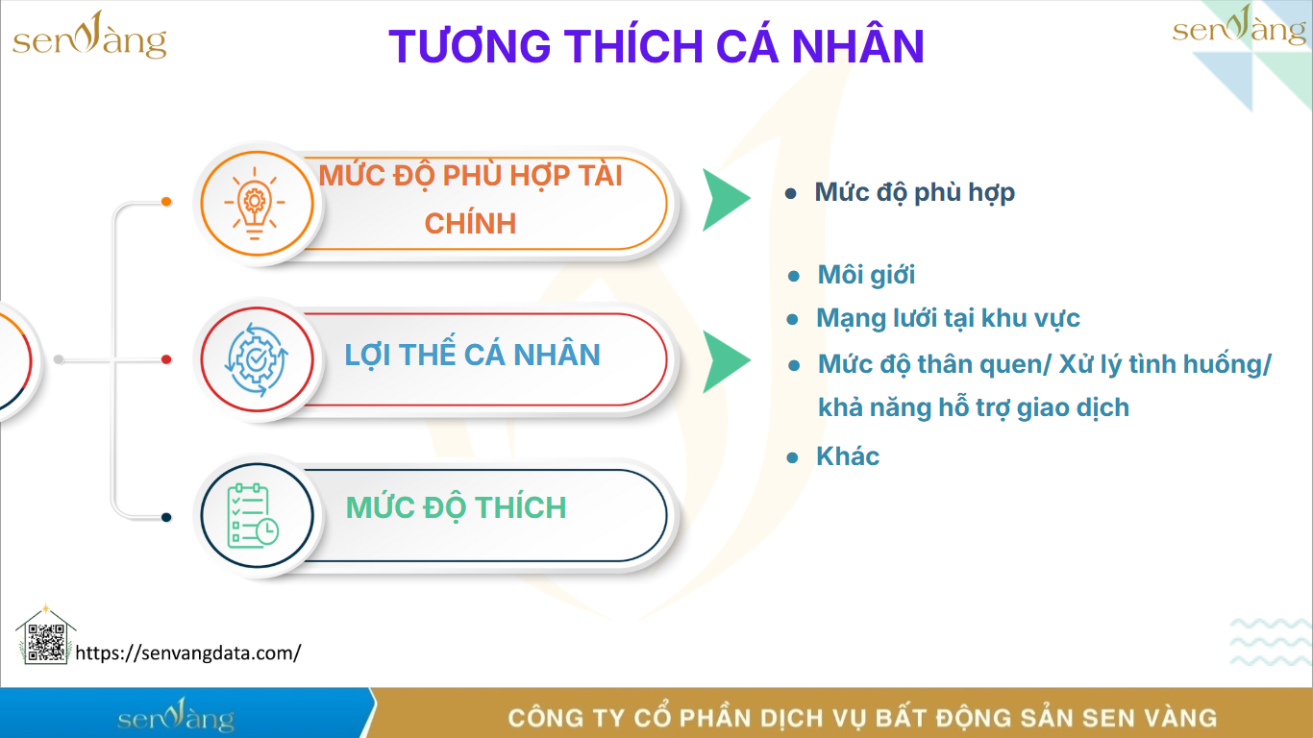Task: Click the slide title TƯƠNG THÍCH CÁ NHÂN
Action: point(656,46)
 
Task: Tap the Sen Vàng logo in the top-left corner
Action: point(89,36)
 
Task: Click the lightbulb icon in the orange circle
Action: point(255,203)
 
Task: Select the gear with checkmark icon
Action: point(256,359)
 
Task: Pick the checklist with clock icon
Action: point(253,516)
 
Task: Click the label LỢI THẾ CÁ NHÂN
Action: point(473,356)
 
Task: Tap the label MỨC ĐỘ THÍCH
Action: point(456,507)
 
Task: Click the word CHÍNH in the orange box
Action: point(471,223)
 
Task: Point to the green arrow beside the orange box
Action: point(725,199)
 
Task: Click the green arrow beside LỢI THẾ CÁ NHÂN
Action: point(725,361)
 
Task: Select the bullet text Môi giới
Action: point(866,275)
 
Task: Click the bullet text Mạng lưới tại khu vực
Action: point(948,318)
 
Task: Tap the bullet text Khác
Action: point(848,456)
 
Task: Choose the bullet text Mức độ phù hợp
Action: point(914,192)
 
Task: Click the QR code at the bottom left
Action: point(46,643)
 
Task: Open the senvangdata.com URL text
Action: point(188,652)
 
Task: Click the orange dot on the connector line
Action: point(166,202)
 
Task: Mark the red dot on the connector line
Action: point(166,359)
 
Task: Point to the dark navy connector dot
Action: point(166,517)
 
